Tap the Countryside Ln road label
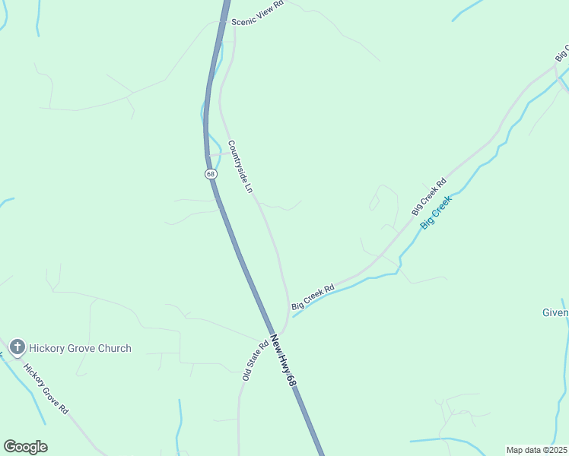(239, 166)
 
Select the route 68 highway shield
(211, 173)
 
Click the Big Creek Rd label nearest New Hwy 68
(313, 297)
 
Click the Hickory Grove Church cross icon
(17, 348)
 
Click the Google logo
(25, 447)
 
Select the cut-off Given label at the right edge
(555, 312)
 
